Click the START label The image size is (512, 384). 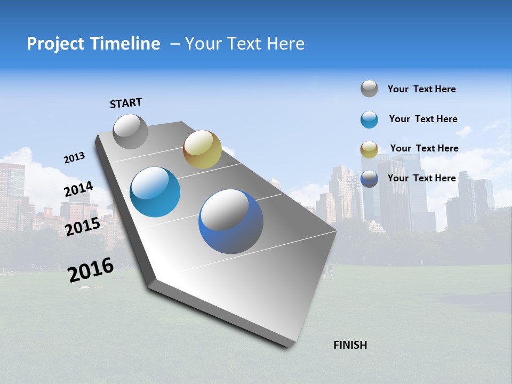pos(126,103)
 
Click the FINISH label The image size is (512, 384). pos(350,345)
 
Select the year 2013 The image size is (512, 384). pos(74,158)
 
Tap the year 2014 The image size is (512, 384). pos(78,190)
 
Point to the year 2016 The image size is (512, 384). pos(91,270)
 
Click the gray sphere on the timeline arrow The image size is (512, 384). pos(130,131)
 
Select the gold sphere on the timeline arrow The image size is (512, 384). pos(202,149)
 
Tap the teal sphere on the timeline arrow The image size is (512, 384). pos(155,192)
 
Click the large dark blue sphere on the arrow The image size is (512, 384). pos(230,221)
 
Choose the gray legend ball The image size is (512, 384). pos(369,89)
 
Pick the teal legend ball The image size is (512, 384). pos(369,119)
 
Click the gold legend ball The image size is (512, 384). pos(369,149)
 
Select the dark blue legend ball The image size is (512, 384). pos(369,179)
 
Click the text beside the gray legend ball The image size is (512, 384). pos(421,89)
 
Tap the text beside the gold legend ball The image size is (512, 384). pos(424,148)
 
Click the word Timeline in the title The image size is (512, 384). pos(125,44)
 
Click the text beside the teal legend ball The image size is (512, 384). pos(423,119)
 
